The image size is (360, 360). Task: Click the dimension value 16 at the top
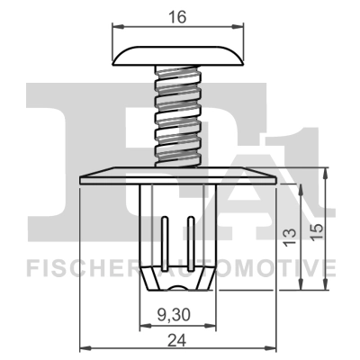click(x=178, y=16)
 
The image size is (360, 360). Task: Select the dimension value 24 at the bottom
click(x=178, y=341)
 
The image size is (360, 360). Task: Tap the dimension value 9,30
click(x=178, y=314)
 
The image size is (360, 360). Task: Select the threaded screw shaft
click(x=178, y=117)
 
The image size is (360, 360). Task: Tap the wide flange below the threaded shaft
click(x=178, y=175)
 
